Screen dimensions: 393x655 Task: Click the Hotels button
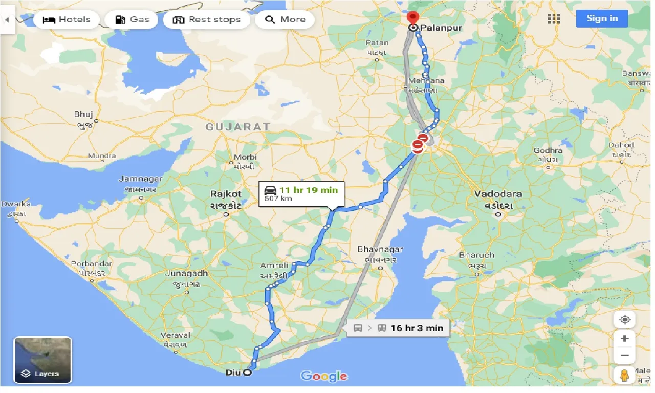[x=66, y=19]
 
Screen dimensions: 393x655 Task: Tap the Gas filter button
[x=132, y=19]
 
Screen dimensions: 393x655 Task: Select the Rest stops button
[x=206, y=19]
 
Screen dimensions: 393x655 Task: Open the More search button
[x=286, y=19]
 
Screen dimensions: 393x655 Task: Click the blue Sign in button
[x=602, y=18]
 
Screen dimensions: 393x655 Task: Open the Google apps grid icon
[x=554, y=19]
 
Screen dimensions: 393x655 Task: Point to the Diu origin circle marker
[x=247, y=373]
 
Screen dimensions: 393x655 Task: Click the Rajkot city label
[x=226, y=194]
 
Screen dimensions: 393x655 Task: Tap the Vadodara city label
[x=498, y=194]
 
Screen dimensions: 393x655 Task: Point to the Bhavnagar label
[x=380, y=250]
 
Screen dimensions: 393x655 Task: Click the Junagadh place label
[x=186, y=273]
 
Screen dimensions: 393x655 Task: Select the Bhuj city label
[x=83, y=114]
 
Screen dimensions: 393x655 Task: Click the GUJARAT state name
[x=238, y=126]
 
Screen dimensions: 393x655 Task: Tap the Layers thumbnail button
[x=42, y=360]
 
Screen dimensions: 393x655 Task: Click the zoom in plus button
[x=624, y=339]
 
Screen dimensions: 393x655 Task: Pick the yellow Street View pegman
[x=624, y=376]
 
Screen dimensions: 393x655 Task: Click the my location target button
[x=624, y=320]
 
